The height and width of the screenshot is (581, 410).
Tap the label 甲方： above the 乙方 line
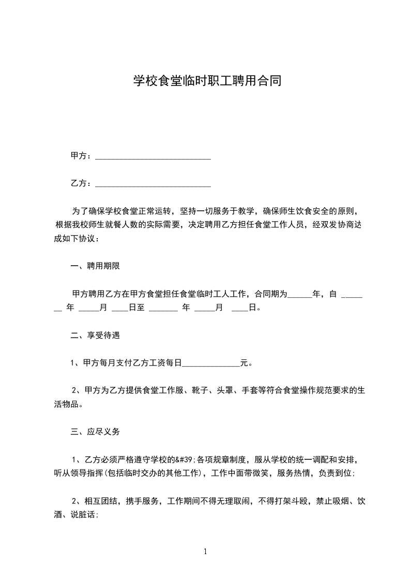tap(82, 155)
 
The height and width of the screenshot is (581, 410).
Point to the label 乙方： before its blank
tap(82, 183)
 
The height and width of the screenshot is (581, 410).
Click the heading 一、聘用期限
tap(95, 267)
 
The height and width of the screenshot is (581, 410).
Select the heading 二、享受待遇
tap(95, 335)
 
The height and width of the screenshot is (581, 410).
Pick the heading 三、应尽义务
tap(95, 431)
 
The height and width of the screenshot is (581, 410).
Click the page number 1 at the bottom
tap(205, 551)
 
